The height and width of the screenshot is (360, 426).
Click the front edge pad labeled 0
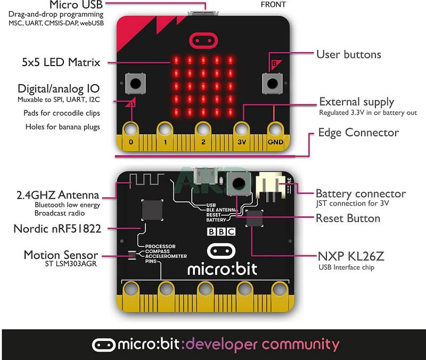click(x=131, y=130)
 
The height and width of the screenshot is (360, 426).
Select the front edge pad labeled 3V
click(x=241, y=130)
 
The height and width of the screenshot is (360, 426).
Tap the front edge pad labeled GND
click(x=275, y=130)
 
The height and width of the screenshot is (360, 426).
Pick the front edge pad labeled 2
click(x=203, y=130)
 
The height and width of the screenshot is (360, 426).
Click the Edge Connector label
click(x=358, y=132)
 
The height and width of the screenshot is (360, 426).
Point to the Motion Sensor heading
click(x=61, y=255)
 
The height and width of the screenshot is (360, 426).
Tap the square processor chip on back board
click(x=152, y=210)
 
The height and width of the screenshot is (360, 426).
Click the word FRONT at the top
click(x=273, y=4)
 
